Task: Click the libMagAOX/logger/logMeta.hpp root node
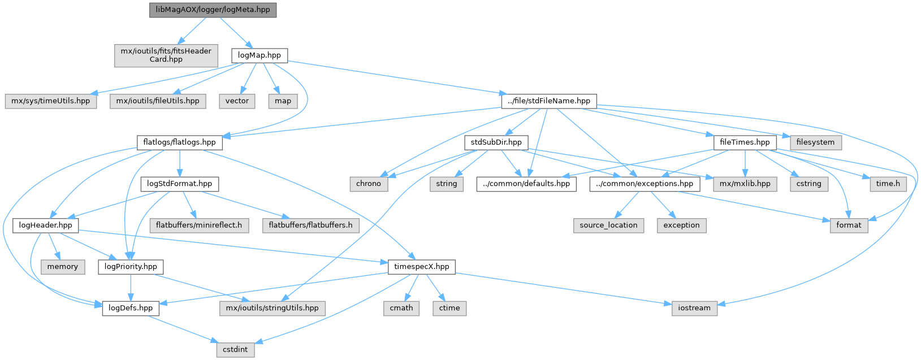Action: (x=213, y=10)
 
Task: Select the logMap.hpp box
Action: (x=259, y=55)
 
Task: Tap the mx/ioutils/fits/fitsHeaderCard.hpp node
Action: (x=166, y=55)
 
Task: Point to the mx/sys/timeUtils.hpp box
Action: (x=50, y=101)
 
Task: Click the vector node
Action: (x=237, y=101)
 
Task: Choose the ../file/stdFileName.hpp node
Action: (x=548, y=101)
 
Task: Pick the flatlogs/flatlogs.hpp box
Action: (x=179, y=142)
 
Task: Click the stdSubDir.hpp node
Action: (x=496, y=142)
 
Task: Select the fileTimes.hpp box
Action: (x=745, y=142)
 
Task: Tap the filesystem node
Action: (x=815, y=142)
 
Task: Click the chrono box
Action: (x=369, y=184)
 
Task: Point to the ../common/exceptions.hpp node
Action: (x=644, y=184)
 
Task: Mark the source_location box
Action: (x=608, y=225)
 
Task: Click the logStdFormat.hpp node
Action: (x=179, y=184)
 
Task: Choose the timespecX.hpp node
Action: (x=421, y=267)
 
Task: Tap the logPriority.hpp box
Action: (x=131, y=267)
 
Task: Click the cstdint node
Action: (x=235, y=349)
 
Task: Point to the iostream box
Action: (x=694, y=308)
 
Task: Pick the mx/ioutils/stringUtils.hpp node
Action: (x=272, y=308)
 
